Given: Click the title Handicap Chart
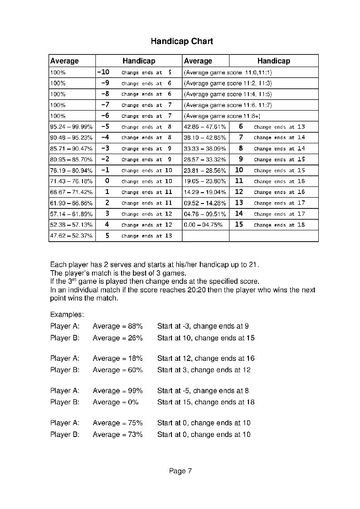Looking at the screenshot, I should (181, 42).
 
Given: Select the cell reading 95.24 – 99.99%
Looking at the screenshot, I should (71, 127).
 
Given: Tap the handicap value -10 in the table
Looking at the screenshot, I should (103, 72).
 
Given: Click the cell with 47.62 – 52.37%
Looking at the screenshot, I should (71, 236).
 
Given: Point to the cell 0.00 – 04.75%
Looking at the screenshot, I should (203, 225).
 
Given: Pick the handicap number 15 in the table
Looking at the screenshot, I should (239, 224).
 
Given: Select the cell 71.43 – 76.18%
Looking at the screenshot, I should (71, 181).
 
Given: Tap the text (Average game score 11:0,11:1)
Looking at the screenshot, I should (228, 73).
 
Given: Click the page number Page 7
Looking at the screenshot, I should (180, 471).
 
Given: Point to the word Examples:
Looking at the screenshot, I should (67, 314).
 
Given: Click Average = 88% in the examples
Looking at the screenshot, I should (117, 326).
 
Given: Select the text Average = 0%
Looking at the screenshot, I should (116, 402).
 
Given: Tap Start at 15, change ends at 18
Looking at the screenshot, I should (206, 402).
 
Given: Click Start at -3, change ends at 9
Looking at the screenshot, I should (203, 326).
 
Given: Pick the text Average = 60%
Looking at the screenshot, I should (117, 370).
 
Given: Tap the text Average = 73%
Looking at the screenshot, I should (117, 435).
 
